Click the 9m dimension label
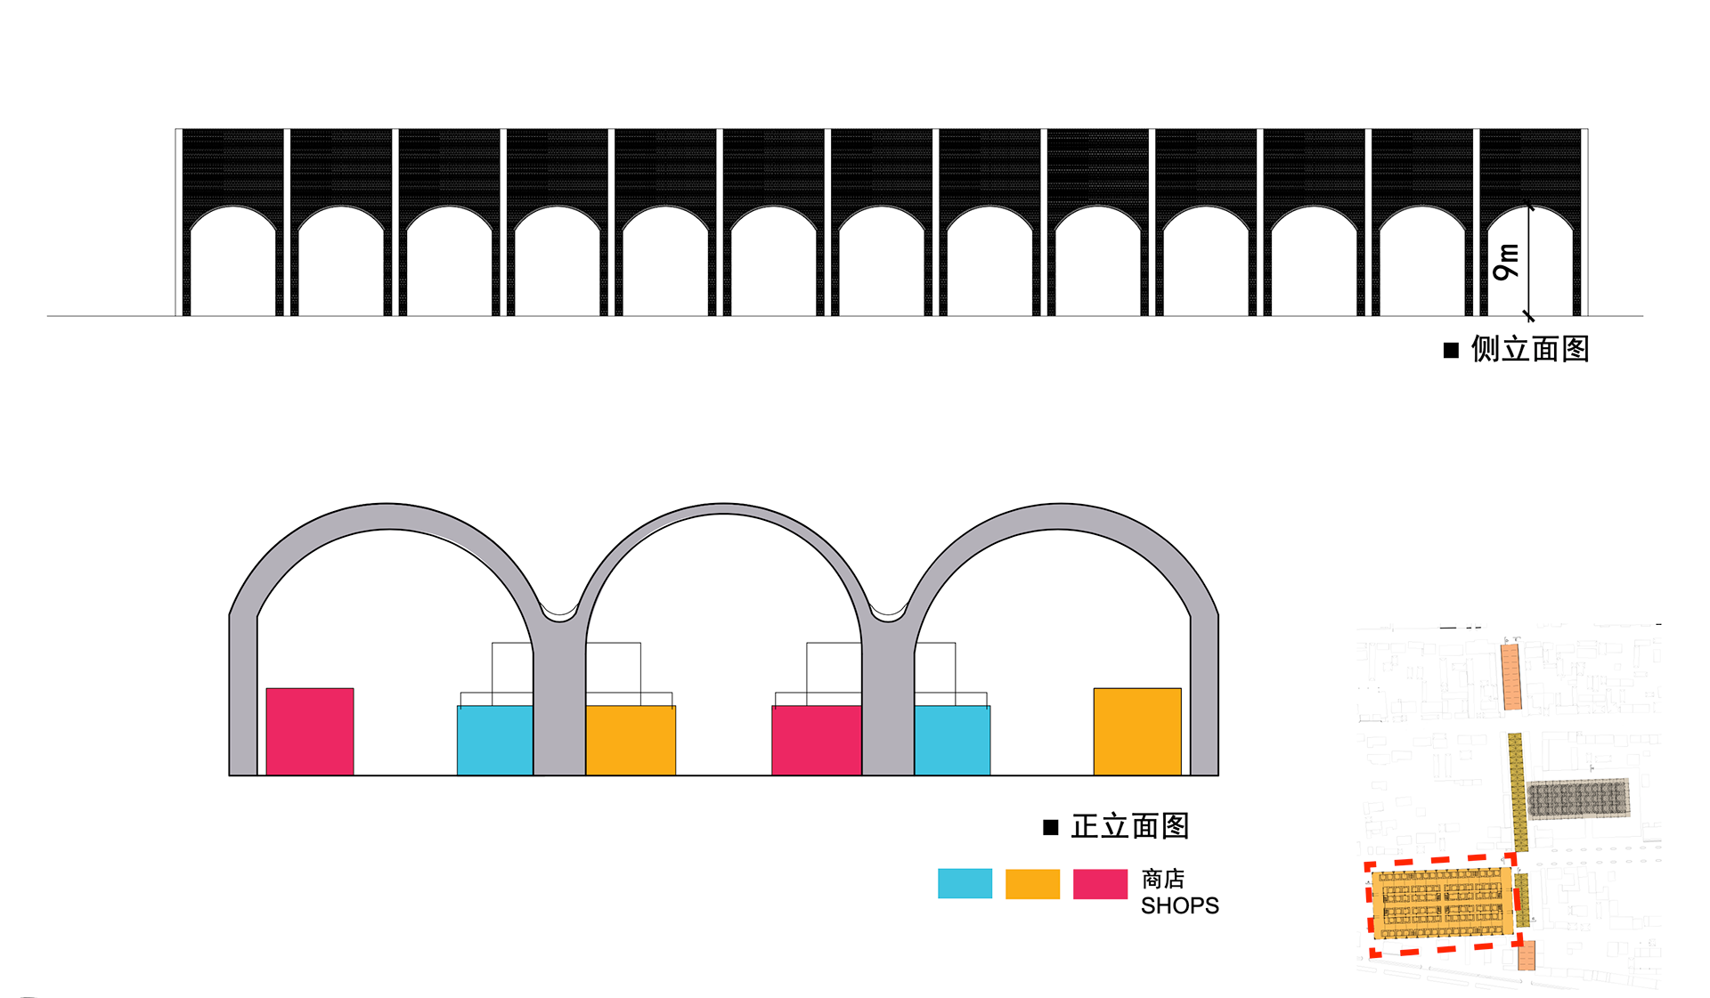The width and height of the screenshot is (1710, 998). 1506,261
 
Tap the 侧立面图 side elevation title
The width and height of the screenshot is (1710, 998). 1529,349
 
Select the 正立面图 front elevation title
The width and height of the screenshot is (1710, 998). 1129,826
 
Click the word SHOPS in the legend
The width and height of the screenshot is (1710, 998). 1179,905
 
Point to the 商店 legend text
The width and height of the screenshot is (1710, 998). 1162,879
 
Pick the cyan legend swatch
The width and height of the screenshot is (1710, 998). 965,883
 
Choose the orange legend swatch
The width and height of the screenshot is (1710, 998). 1032,883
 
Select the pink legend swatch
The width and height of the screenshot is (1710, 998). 1100,883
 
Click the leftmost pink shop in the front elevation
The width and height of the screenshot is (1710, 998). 310,731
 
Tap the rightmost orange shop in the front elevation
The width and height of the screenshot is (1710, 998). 1137,731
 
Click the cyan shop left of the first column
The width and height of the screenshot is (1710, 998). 495,740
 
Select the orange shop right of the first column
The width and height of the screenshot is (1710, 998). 631,740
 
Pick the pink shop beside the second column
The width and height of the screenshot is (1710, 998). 816,740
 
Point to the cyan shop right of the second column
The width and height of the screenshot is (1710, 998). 952,740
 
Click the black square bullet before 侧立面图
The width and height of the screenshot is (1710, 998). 1451,350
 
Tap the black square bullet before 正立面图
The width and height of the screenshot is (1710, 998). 1051,827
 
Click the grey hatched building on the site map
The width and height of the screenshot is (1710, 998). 1578,799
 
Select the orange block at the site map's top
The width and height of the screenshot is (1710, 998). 1510,677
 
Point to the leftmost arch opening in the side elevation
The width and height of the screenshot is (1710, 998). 233,267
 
